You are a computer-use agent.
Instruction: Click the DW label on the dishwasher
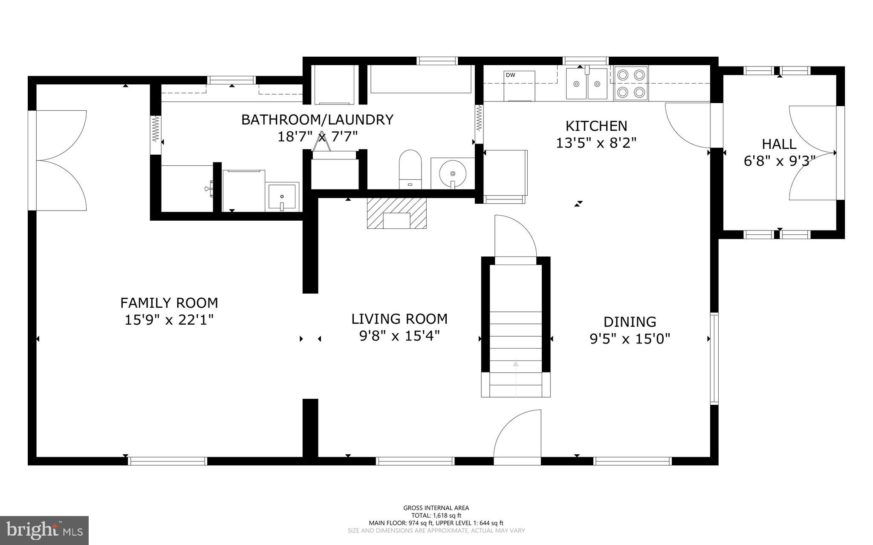tap(510, 75)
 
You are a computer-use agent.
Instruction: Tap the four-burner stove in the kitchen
tap(630, 84)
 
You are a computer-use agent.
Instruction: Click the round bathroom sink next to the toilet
tap(452, 173)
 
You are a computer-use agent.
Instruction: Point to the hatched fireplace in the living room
tap(396, 213)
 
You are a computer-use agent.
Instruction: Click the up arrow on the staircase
tap(516, 364)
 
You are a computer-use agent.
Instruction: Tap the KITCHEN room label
tap(596, 126)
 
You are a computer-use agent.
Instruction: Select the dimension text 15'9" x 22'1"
tap(169, 320)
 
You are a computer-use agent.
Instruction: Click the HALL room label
tap(779, 144)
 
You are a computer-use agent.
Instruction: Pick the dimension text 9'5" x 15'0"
tap(630, 339)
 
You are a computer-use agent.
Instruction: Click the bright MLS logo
tap(44, 530)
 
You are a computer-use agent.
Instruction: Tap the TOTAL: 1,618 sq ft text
tap(436, 515)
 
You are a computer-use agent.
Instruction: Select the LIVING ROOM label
tap(399, 319)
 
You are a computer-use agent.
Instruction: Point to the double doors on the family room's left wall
tap(60, 160)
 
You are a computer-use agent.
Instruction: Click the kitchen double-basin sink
tap(587, 84)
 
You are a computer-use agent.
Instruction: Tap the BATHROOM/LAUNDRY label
tap(317, 120)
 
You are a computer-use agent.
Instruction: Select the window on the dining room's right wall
tap(714, 358)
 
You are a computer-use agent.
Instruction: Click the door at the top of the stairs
tap(515, 239)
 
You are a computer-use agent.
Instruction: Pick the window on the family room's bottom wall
tap(168, 461)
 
